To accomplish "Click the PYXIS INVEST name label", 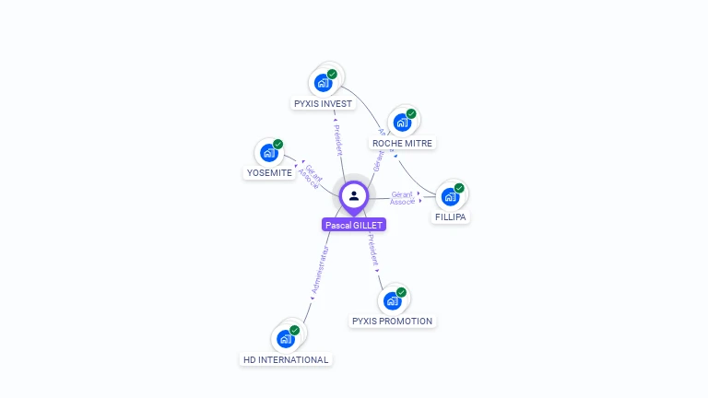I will (323, 104).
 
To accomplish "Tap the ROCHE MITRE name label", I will (402, 144).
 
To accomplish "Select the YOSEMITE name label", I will (269, 173).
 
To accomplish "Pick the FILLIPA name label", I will (451, 217).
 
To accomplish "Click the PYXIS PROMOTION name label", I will (392, 322).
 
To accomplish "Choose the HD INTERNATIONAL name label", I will (285, 359).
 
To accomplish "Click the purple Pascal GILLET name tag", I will (354, 225).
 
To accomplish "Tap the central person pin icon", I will (354, 195).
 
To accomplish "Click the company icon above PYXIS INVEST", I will (323, 83).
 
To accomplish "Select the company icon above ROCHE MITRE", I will (402, 123).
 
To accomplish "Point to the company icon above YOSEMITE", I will (269, 153).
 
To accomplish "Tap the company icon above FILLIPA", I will (450, 196).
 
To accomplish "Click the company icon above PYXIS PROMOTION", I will (392, 300).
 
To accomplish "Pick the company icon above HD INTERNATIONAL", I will (286, 338).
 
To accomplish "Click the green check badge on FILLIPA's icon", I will (459, 188).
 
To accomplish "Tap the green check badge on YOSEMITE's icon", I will (277, 145).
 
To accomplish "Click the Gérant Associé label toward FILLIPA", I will (402, 198).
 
